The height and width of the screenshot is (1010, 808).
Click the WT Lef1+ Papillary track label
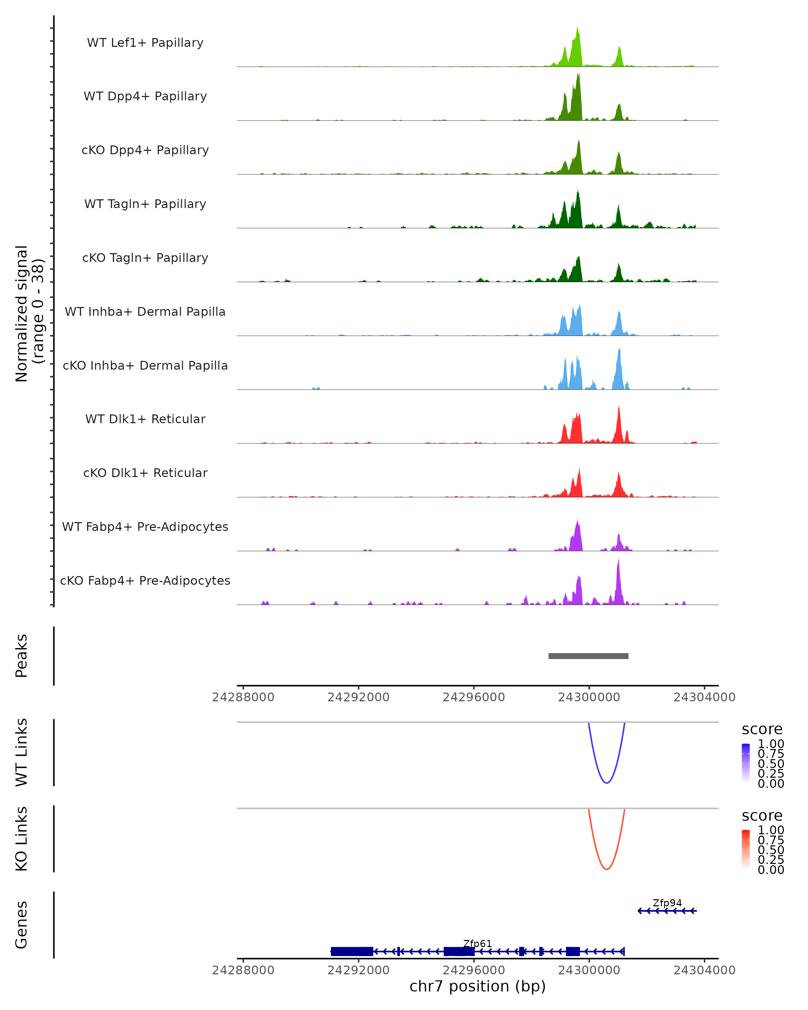click(x=145, y=43)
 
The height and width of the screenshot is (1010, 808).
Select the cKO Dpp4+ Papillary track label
click(x=145, y=150)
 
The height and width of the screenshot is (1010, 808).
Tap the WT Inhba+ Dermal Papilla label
click(x=145, y=312)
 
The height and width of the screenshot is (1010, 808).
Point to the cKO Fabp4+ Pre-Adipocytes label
click(x=145, y=581)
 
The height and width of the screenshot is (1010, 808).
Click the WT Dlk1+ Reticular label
click(x=145, y=419)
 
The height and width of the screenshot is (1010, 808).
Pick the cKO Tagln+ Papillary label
click(x=145, y=258)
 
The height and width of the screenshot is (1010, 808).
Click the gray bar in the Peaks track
click(x=588, y=656)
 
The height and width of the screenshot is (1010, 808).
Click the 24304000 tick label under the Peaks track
click(x=704, y=698)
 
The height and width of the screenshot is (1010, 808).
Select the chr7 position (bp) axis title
click(x=477, y=986)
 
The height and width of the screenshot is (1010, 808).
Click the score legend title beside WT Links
click(x=762, y=730)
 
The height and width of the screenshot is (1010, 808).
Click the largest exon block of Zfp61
click(x=352, y=951)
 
